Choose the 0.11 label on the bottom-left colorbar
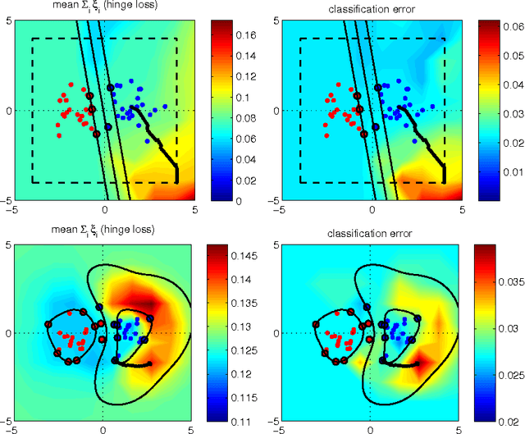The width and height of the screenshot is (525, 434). tap(247, 423)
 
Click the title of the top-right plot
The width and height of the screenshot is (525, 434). tap(371, 10)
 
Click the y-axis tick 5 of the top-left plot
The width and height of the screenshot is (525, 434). tap(7, 21)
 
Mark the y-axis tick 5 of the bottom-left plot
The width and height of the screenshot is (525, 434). tap(7, 244)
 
